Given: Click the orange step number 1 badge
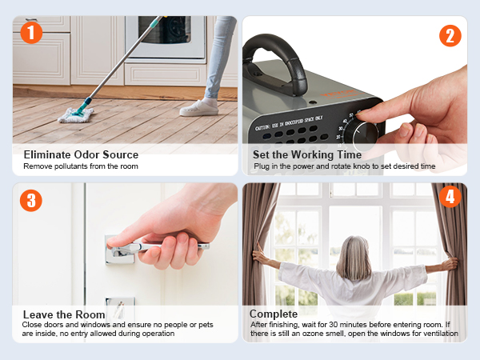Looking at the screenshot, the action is [x=31, y=33].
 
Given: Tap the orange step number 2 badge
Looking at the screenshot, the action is [x=450, y=35].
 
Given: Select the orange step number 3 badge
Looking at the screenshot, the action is [x=31, y=201].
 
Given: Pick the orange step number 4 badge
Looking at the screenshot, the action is [x=450, y=197].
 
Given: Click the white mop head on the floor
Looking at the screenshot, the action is [x=76, y=115].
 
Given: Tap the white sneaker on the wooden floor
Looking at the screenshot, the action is [x=199, y=108].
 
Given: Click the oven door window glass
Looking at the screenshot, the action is [x=164, y=30].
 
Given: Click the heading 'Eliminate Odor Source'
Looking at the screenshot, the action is [x=81, y=154].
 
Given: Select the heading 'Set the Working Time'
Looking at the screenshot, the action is [x=307, y=154].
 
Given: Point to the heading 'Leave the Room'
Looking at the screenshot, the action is [x=64, y=314].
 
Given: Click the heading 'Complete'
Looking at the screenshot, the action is [x=274, y=314].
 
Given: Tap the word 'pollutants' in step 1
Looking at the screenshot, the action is [x=71, y=166].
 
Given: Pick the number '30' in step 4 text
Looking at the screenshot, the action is [x=333, y=325].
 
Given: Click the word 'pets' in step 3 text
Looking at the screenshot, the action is [x=206, y=325].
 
